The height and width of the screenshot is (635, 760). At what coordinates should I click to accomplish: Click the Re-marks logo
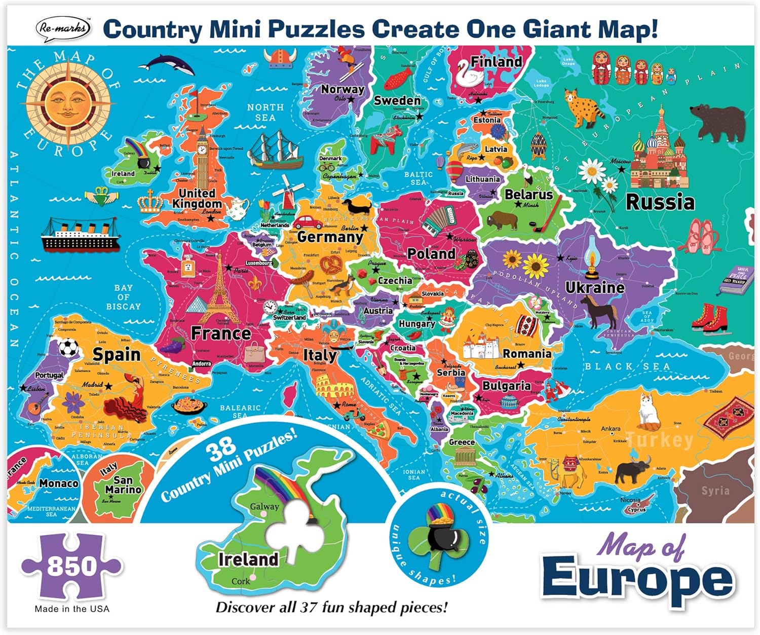(63, 28)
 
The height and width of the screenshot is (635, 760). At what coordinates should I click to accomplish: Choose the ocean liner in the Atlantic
(81, 236)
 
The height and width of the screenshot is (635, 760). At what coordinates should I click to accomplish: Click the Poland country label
(431, 253)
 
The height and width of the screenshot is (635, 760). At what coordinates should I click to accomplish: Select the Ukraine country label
(595, 287)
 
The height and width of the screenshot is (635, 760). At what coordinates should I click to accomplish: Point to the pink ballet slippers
(701, 235)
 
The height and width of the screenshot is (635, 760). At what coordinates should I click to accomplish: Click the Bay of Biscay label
(123, 297)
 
